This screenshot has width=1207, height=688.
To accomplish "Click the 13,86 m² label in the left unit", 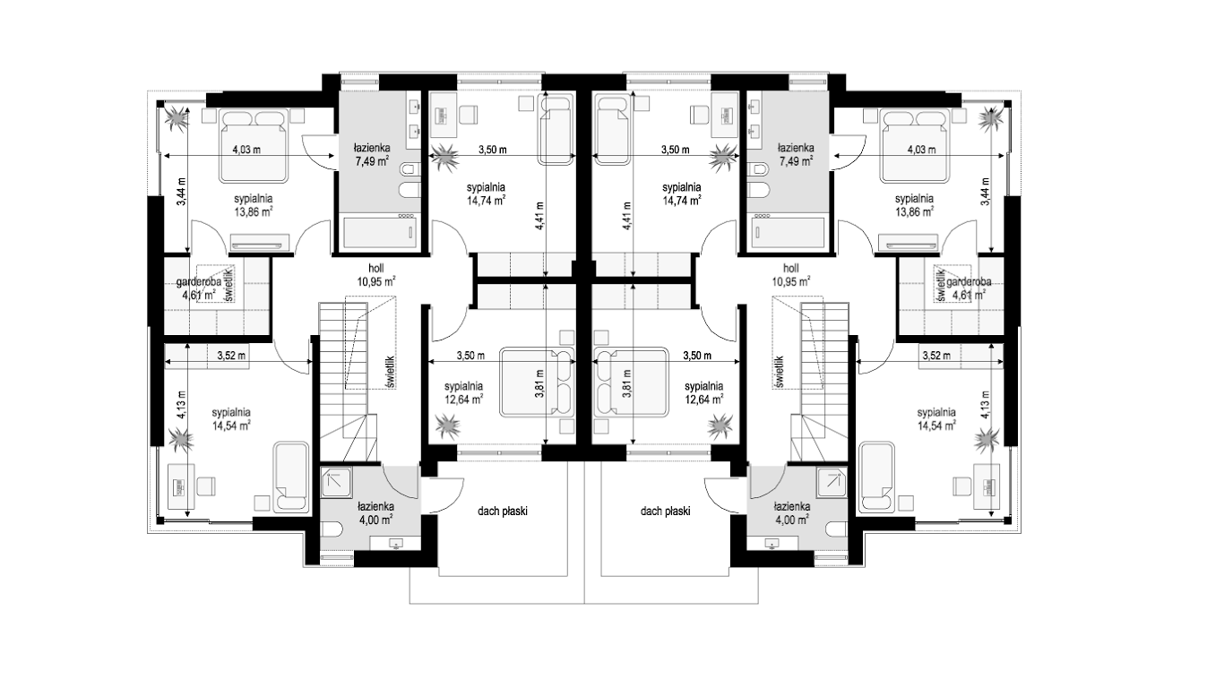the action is click(x=253, y=211).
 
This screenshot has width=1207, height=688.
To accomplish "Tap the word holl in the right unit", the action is click(x=791, y=269).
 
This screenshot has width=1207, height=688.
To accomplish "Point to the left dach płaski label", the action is click(x=503, y=512).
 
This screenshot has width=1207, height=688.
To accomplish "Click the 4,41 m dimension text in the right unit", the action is click(x=626, y=216).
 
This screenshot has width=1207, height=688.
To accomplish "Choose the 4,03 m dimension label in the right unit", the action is click(x=921, y=150).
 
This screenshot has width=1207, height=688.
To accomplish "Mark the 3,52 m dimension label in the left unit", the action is click(x=231, y=356).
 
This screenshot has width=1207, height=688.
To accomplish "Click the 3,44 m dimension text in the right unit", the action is click(x=985, y=192).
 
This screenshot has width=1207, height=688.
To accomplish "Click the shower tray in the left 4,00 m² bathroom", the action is click(x=336, y=482).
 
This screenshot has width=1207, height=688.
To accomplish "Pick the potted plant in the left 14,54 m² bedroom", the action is click(x=180, y=440).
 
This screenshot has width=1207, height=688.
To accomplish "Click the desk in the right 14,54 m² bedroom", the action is click(x=990, y=486).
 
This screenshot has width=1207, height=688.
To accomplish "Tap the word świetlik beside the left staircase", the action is click(x=391, y=372).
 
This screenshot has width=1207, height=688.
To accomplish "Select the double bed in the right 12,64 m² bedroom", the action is click(x=630, y=383).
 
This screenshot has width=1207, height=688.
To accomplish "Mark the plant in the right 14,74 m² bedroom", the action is click(x=722, y=158).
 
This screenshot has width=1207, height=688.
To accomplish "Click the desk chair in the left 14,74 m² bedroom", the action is click(x=469, y=115).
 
